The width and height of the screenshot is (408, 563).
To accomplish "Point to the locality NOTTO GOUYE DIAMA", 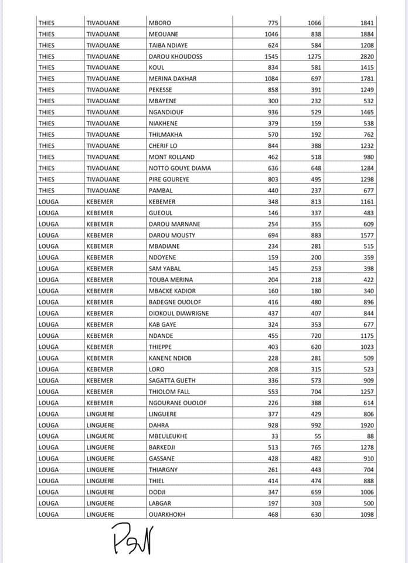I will [x=179, y=168].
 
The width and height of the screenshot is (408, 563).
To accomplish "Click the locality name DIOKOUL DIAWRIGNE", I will [x=178, y=313].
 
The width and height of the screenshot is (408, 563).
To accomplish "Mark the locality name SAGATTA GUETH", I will [x=172, y=381].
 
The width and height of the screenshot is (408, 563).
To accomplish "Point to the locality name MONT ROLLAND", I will [x=171, y=157].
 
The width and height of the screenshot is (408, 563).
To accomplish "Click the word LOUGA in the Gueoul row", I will [x=48, y=213].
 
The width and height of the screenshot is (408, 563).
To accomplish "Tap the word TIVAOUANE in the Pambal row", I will [x=103, y=191].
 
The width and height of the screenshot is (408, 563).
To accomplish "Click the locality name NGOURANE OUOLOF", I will [x=177, y=403].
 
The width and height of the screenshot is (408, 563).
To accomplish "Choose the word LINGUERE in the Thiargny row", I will [x=100, y=470].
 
